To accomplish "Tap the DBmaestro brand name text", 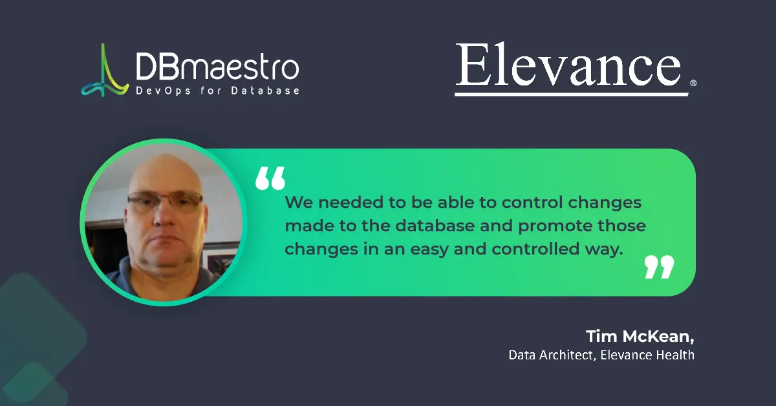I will [217, 66].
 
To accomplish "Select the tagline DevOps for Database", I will [217, 91].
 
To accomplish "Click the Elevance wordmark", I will [568, 65].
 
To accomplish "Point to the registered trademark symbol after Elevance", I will [693, 84].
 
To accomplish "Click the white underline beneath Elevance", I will [572, 95].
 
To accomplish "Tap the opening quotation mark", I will [270, 178].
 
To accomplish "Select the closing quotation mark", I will [659, 266].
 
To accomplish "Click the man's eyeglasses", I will [165, 203].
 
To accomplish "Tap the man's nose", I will [162, 217].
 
